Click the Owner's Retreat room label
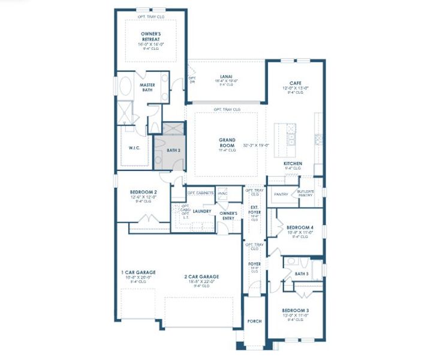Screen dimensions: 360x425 click(150, 36)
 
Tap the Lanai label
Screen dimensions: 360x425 click(226, 76)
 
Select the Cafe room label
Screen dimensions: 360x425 click(295, 83)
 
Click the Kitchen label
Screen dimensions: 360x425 click(293, 163)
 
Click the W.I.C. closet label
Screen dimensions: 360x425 click(134, 148)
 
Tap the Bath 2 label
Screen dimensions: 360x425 click(173, 151)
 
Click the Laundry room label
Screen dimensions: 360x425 click(202, 211)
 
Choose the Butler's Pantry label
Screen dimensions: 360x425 click(306, 193)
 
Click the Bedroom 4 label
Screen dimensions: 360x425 click(299, 228)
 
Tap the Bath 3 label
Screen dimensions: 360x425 click(302, 274)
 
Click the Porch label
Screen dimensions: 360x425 click(254, 321)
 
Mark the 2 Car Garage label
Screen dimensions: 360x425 click(201, 277)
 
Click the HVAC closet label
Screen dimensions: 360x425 click(223, 193)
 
